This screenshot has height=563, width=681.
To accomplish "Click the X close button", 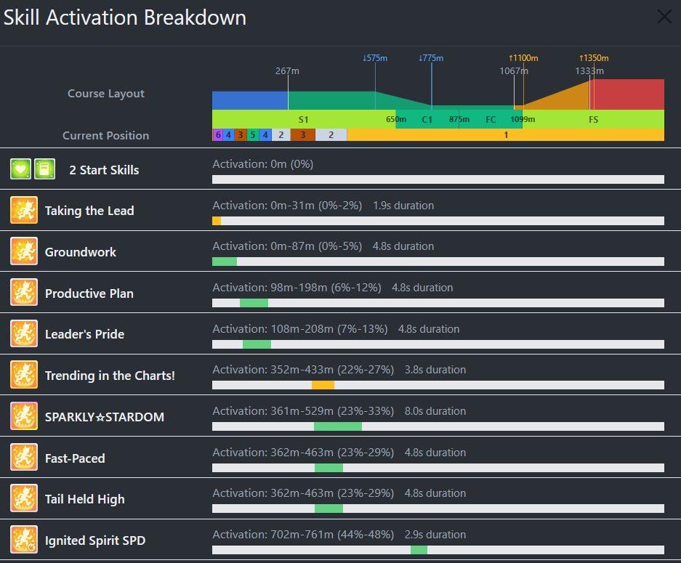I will tap(664, 17).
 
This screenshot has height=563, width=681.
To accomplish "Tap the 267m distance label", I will tap(287, 70).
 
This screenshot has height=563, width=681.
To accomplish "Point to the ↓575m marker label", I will tap(375, 58).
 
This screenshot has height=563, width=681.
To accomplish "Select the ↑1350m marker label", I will tap(594, 58).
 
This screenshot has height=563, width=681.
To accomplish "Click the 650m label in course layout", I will tap(396, 119).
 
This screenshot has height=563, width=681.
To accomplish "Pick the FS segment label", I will tap(594, 119).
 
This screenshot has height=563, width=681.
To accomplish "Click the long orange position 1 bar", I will tap(506, 134).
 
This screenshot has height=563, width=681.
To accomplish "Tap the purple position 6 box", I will tap(217, 134).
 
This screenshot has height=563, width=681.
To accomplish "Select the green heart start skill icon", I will tap(20, 169).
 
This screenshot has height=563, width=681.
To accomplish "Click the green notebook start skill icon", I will tap(45, 169).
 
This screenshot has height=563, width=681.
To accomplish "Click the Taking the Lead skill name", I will tap(89, 211).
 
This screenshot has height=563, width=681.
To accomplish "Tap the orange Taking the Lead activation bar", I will tap(217, 220).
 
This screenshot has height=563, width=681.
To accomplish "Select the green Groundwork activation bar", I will tap(225, 262).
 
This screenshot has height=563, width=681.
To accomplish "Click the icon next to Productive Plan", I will tap(24, 293).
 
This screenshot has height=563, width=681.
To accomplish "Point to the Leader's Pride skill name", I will tap(84, 334).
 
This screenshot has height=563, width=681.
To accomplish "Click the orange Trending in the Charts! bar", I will tap(323, 385).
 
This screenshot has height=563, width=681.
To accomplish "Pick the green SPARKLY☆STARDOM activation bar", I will tap(338, 426).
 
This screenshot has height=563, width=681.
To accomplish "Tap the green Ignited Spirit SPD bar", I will tap(419, 550).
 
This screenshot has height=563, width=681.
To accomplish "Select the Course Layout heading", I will tap(106, 94).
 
